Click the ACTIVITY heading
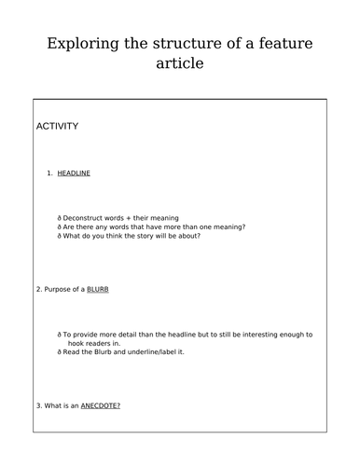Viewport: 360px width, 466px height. (57, 126)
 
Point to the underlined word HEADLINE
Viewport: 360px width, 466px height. (74, 173)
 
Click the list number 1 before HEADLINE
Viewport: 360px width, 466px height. (48, 173)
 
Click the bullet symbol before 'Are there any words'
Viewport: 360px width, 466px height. (59, 226)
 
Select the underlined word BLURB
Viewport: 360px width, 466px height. (98, 290)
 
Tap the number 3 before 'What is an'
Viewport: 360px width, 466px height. (37, 405)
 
